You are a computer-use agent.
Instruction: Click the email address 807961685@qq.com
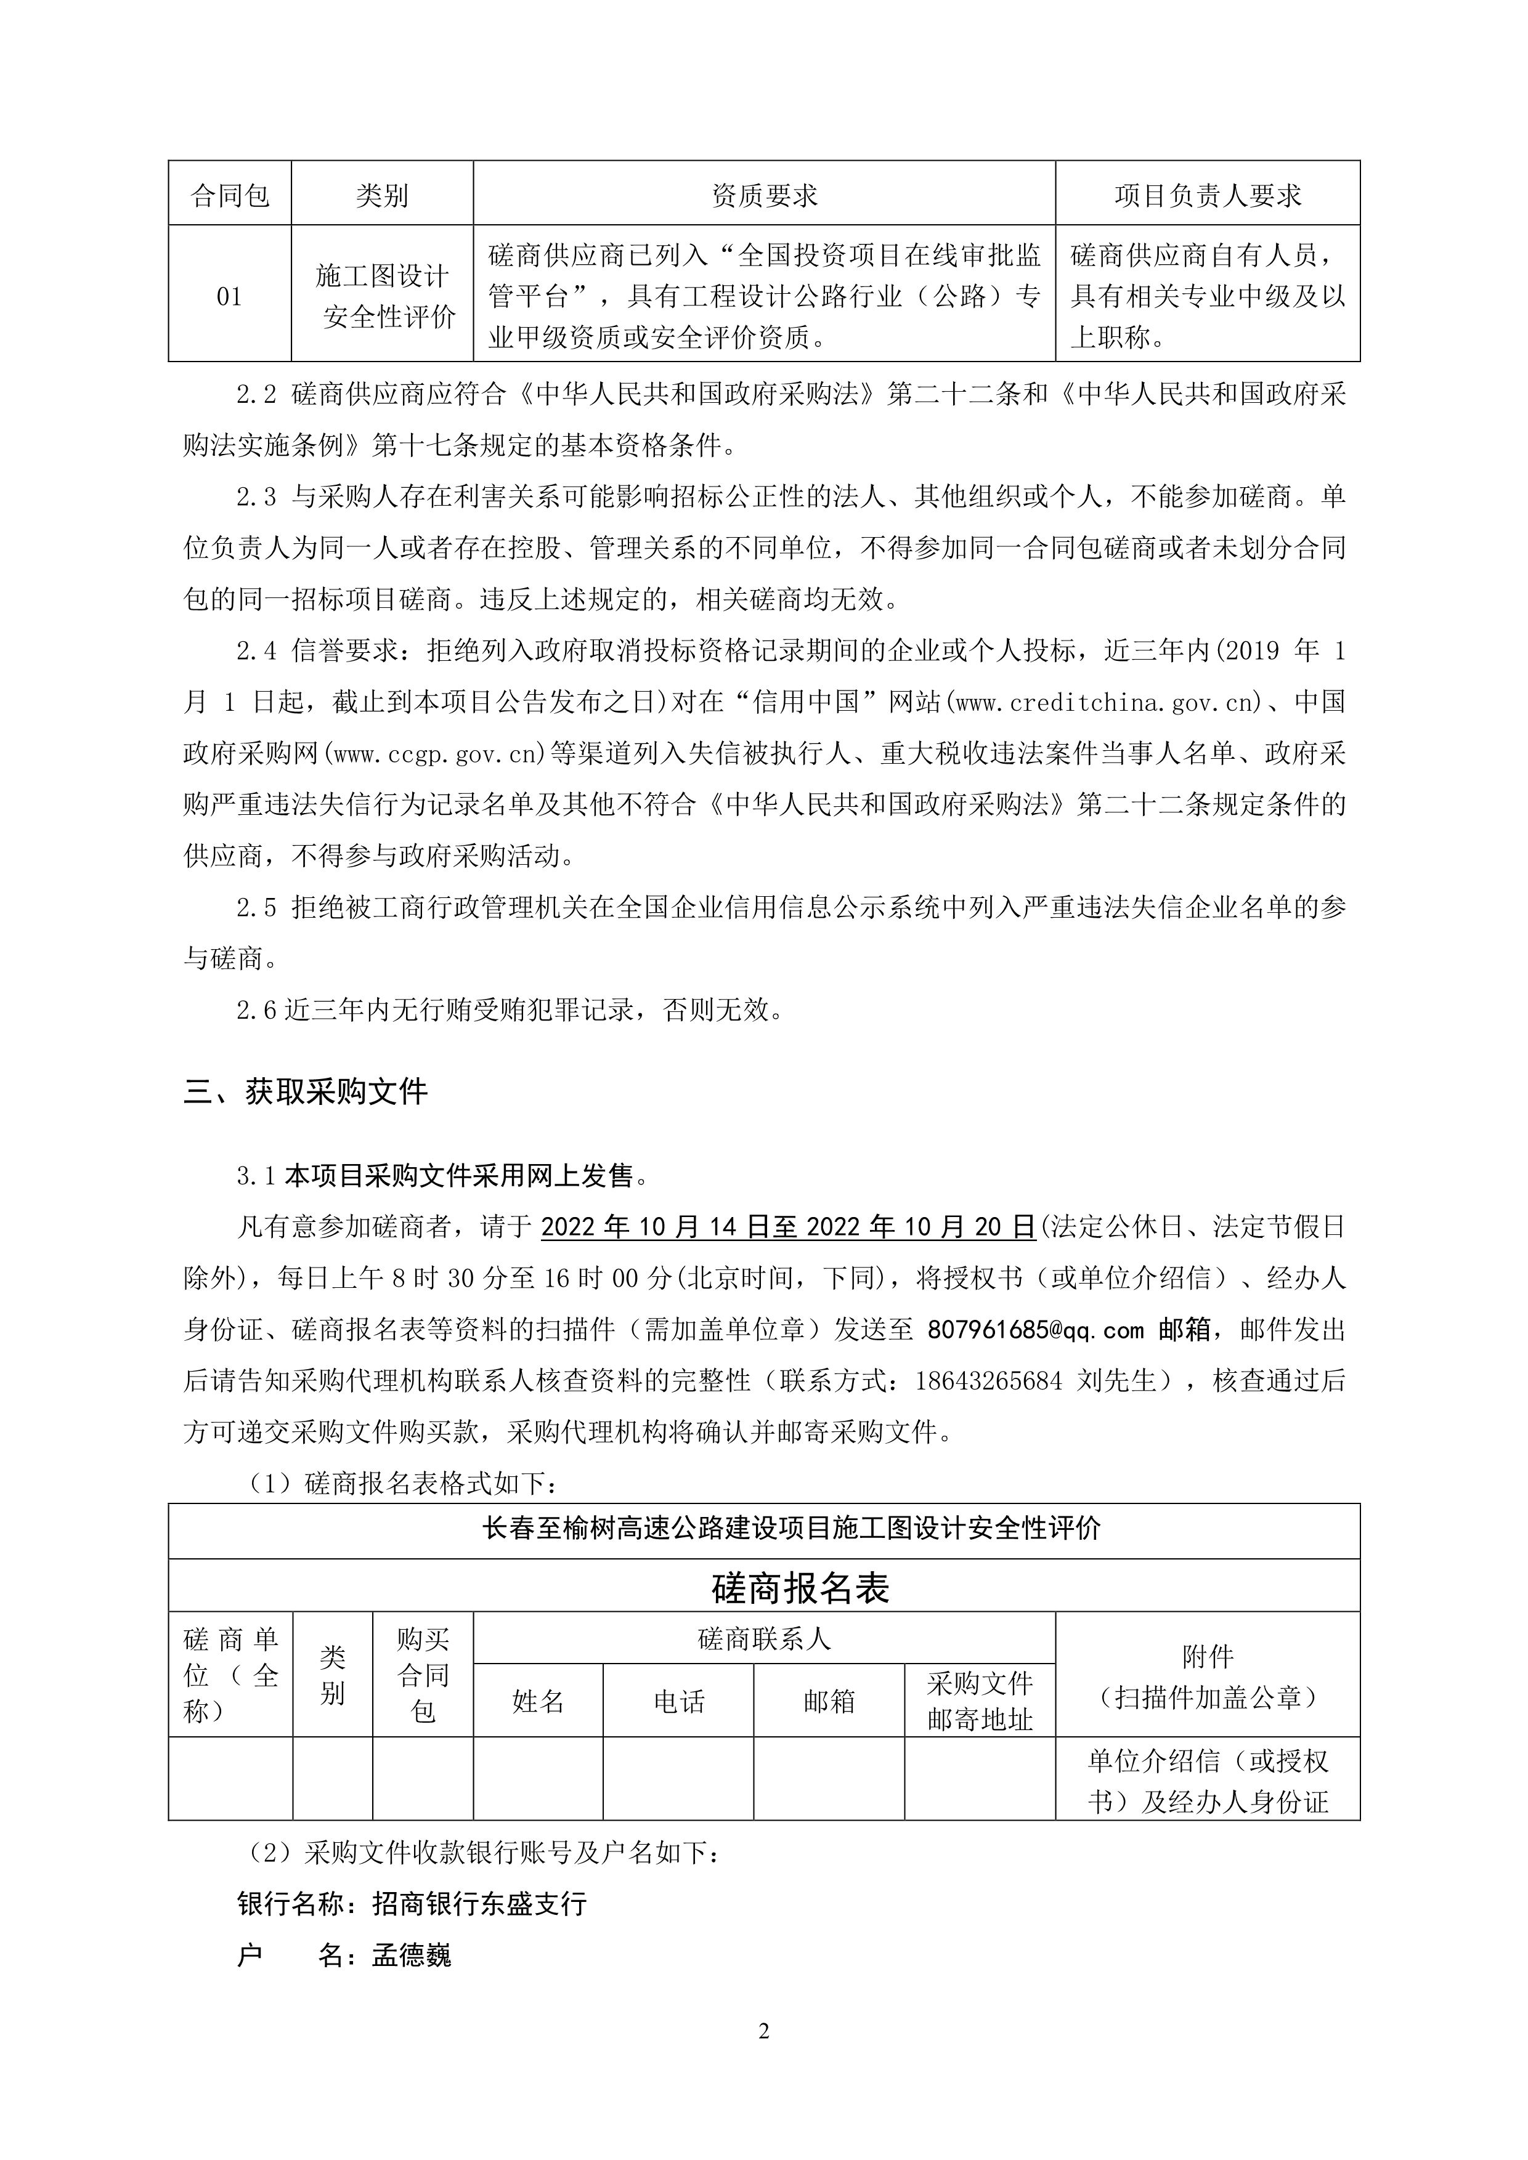pyautogui.click(x=1035, y=1329)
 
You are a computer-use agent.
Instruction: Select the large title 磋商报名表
pyautogui.click(x=801, y=1589)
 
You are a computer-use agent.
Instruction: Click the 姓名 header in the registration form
pyautogui.click(x=537, y=1701)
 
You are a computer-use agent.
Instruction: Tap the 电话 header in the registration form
pyautogui.click(x=678, y=1701)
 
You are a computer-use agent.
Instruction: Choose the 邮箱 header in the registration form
pyautogui.click(x=828, y=1701)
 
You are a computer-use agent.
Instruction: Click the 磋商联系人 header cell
pyautogui.click(x=764, y=1639)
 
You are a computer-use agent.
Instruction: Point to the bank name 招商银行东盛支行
pyautogui.click(x=480, y=1905)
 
